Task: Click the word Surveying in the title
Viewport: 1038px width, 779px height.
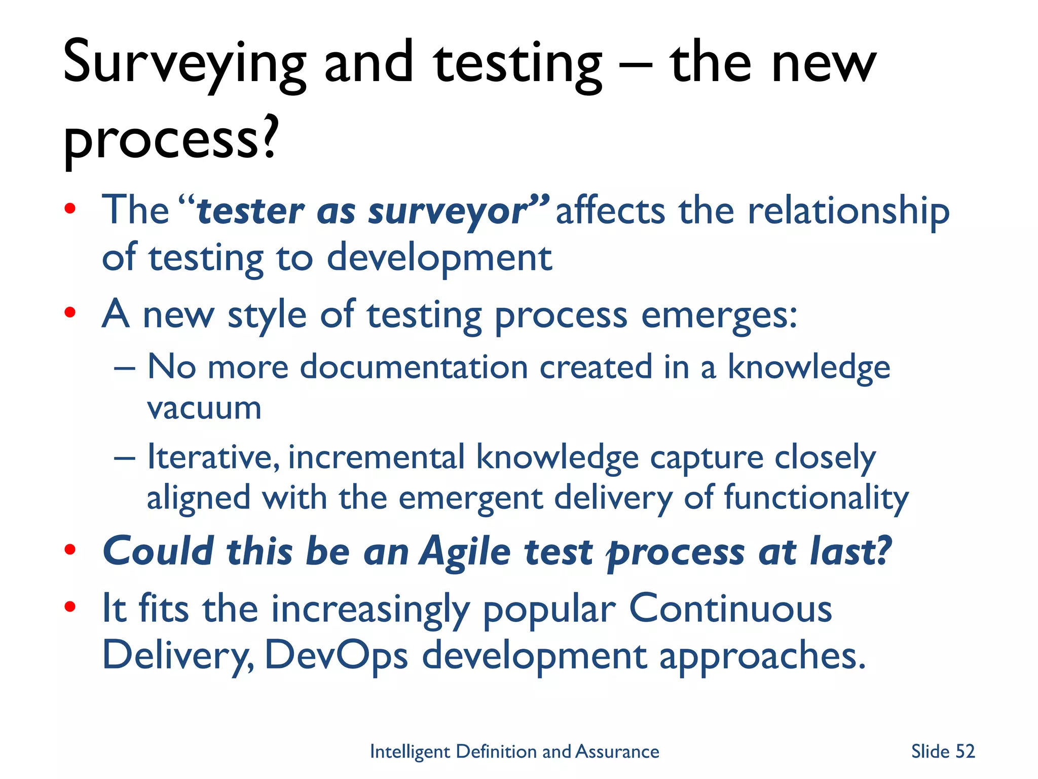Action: click(184, 63)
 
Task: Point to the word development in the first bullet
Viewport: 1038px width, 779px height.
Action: click(439, 258)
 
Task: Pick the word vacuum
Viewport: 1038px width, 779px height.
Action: click(204, 408)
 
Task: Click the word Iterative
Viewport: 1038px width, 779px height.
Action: click(213, 457)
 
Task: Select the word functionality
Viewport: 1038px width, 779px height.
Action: click(817, 498)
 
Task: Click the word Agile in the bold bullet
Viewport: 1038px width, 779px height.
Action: click(465, 551)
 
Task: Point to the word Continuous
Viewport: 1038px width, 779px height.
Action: click(730, 609)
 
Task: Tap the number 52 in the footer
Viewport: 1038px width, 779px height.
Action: click(965, 751)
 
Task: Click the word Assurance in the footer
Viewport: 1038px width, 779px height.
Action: click(617, 751)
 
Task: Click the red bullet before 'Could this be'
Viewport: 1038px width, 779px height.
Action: click(70, 549)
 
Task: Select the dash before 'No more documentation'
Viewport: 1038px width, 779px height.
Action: click(125, 367)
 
